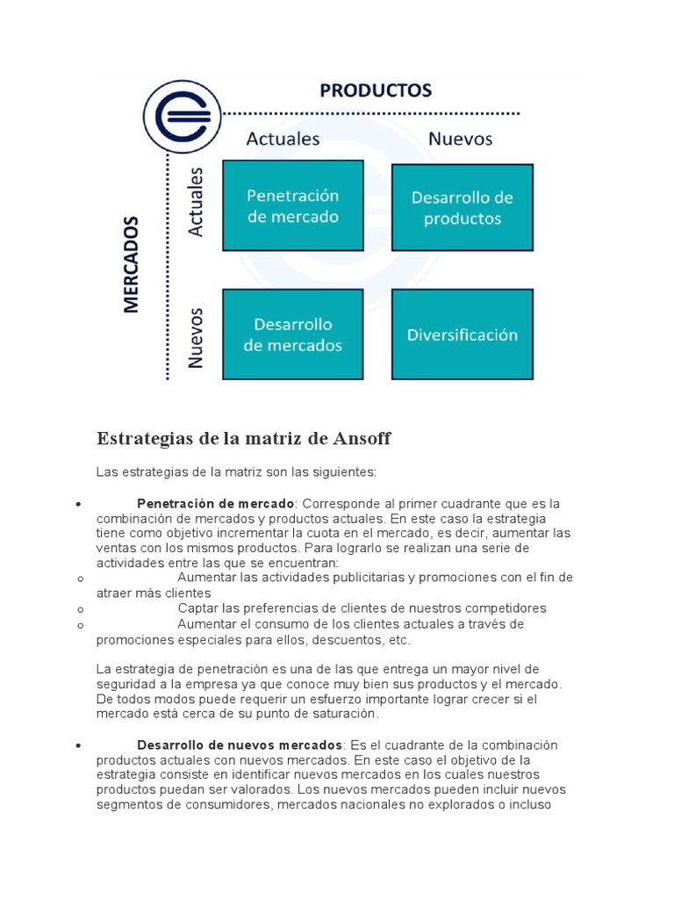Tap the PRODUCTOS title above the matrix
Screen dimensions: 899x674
tap(375, 91)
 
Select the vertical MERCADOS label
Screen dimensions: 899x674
tap(132, 264)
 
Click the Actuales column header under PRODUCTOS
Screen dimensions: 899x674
tap(283, 139)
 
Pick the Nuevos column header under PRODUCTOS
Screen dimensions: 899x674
tap(460, 139)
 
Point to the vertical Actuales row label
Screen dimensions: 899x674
tap(196, 202)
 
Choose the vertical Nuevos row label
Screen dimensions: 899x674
tap(196, 336)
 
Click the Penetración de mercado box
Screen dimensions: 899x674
tap(292, 206)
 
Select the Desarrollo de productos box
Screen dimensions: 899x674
tap(462, 208)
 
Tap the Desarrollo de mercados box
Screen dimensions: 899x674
tap(292, 334)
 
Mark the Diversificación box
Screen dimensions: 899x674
tap(462, 334)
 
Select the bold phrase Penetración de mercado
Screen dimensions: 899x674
tap(216, 504)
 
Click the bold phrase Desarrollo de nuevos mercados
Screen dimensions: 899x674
tap(240, 745)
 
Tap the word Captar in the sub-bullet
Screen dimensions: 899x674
tap(197, 608)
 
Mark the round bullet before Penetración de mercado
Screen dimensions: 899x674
tap(79, 505)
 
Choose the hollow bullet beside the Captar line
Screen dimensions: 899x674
tap(79, 609)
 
